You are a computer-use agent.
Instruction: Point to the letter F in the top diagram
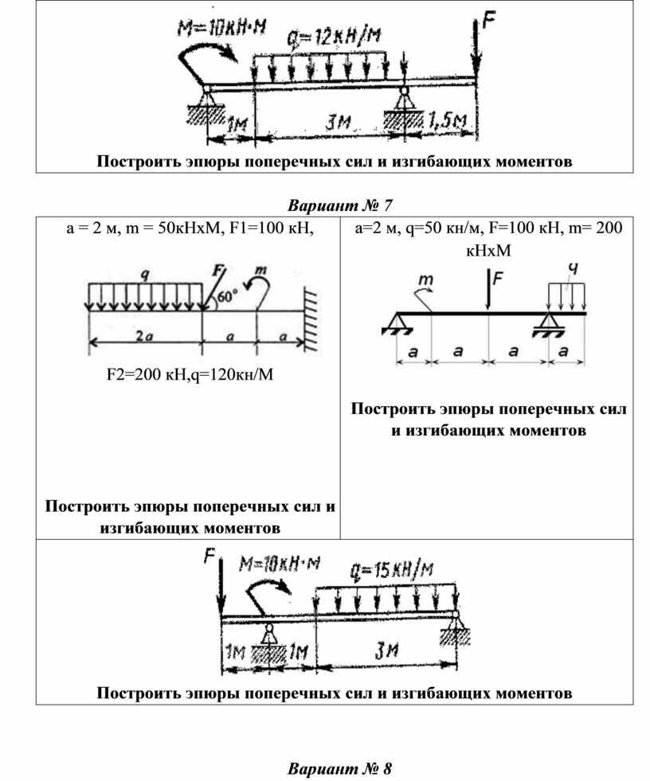click(486, 20)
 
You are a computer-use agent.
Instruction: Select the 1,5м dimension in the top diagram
click(449, 121)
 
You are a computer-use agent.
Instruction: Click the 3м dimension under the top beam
click(338, 124)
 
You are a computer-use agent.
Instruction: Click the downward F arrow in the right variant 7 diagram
click(487, 291)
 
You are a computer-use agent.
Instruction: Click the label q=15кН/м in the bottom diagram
click(391, 570)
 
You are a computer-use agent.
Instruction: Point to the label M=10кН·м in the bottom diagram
click(279, 564)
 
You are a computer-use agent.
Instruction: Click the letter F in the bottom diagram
click(210, 556)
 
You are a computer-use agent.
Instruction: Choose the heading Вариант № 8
click(339, 769)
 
